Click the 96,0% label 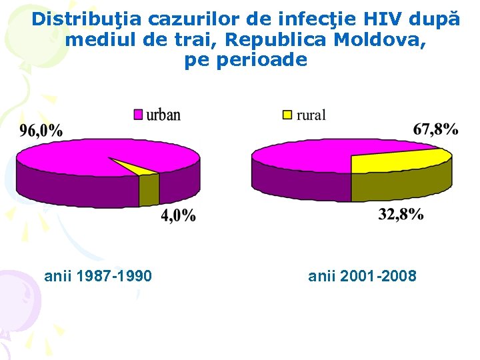coord(41,131)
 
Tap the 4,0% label coord(178,215)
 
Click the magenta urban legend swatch coord(138,115)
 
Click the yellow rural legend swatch coord(287,115)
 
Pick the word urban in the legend coord(163,115)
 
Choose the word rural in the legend coord(311,115)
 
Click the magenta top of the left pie coord(73,160)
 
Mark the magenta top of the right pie coord(300,157)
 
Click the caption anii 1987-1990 coord(98,275)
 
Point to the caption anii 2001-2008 coord(362,275)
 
